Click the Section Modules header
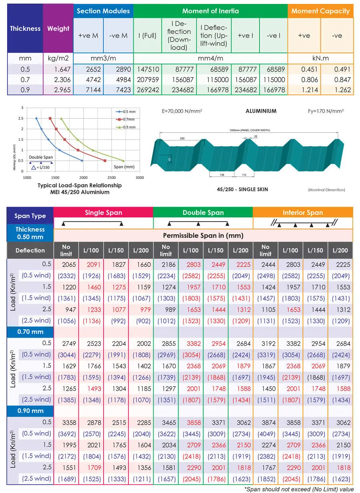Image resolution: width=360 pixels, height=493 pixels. (103, 11)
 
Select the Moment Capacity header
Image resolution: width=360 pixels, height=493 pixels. (320, 11)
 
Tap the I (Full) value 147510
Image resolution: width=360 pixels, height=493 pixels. (148, 69)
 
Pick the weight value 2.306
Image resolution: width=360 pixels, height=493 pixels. (62, 80)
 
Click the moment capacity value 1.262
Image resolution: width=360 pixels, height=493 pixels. (342, 90)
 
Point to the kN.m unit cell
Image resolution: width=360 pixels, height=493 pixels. (320, 58)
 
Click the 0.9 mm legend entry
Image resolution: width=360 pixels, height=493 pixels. (126, 127)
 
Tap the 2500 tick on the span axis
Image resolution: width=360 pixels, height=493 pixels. (112, 177)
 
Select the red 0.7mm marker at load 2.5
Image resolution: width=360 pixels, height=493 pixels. (50, 118)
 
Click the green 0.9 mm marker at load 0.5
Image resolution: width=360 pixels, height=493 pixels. (123, 161)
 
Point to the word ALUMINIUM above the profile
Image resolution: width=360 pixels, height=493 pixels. (261, 111)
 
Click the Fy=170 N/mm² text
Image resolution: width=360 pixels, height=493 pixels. (326, 111)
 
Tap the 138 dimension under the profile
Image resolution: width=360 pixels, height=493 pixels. (222, 175)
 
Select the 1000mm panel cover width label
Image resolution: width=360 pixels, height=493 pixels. (250, 130)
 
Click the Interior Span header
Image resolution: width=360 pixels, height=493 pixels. (303, 212)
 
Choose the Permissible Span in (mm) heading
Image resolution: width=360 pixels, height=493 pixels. (203, 235)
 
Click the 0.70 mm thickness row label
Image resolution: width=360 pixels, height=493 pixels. (30, 332)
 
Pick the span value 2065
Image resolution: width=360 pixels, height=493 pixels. (69, 265)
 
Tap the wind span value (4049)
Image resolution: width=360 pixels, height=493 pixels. (266, 434)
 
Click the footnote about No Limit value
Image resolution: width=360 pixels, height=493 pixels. (299, 489)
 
